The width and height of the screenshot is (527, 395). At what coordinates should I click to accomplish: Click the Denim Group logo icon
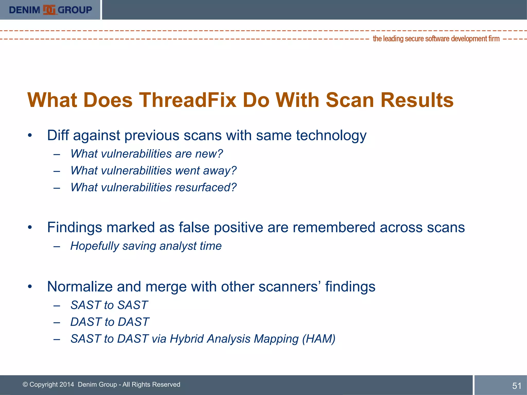pos(49,10)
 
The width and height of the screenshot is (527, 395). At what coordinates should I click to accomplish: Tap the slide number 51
pos(517,386)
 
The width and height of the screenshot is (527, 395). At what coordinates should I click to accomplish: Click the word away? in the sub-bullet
pos(220,171)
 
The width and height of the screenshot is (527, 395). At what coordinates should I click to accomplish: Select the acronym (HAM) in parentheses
pos(319,339)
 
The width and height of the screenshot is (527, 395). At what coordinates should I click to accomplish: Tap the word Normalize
pos(80,286)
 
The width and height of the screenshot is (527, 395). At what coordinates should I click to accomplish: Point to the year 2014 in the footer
pos(67,384)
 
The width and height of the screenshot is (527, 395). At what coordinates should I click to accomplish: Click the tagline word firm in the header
pos(494,39)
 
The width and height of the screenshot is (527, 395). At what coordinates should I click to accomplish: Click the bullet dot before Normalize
pos(30,286)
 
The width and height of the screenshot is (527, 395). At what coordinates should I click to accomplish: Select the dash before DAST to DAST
pos(57,322)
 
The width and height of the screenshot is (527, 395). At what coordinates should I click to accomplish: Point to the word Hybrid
pos(187,339)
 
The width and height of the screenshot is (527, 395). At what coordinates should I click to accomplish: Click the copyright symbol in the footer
pos(25,384)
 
